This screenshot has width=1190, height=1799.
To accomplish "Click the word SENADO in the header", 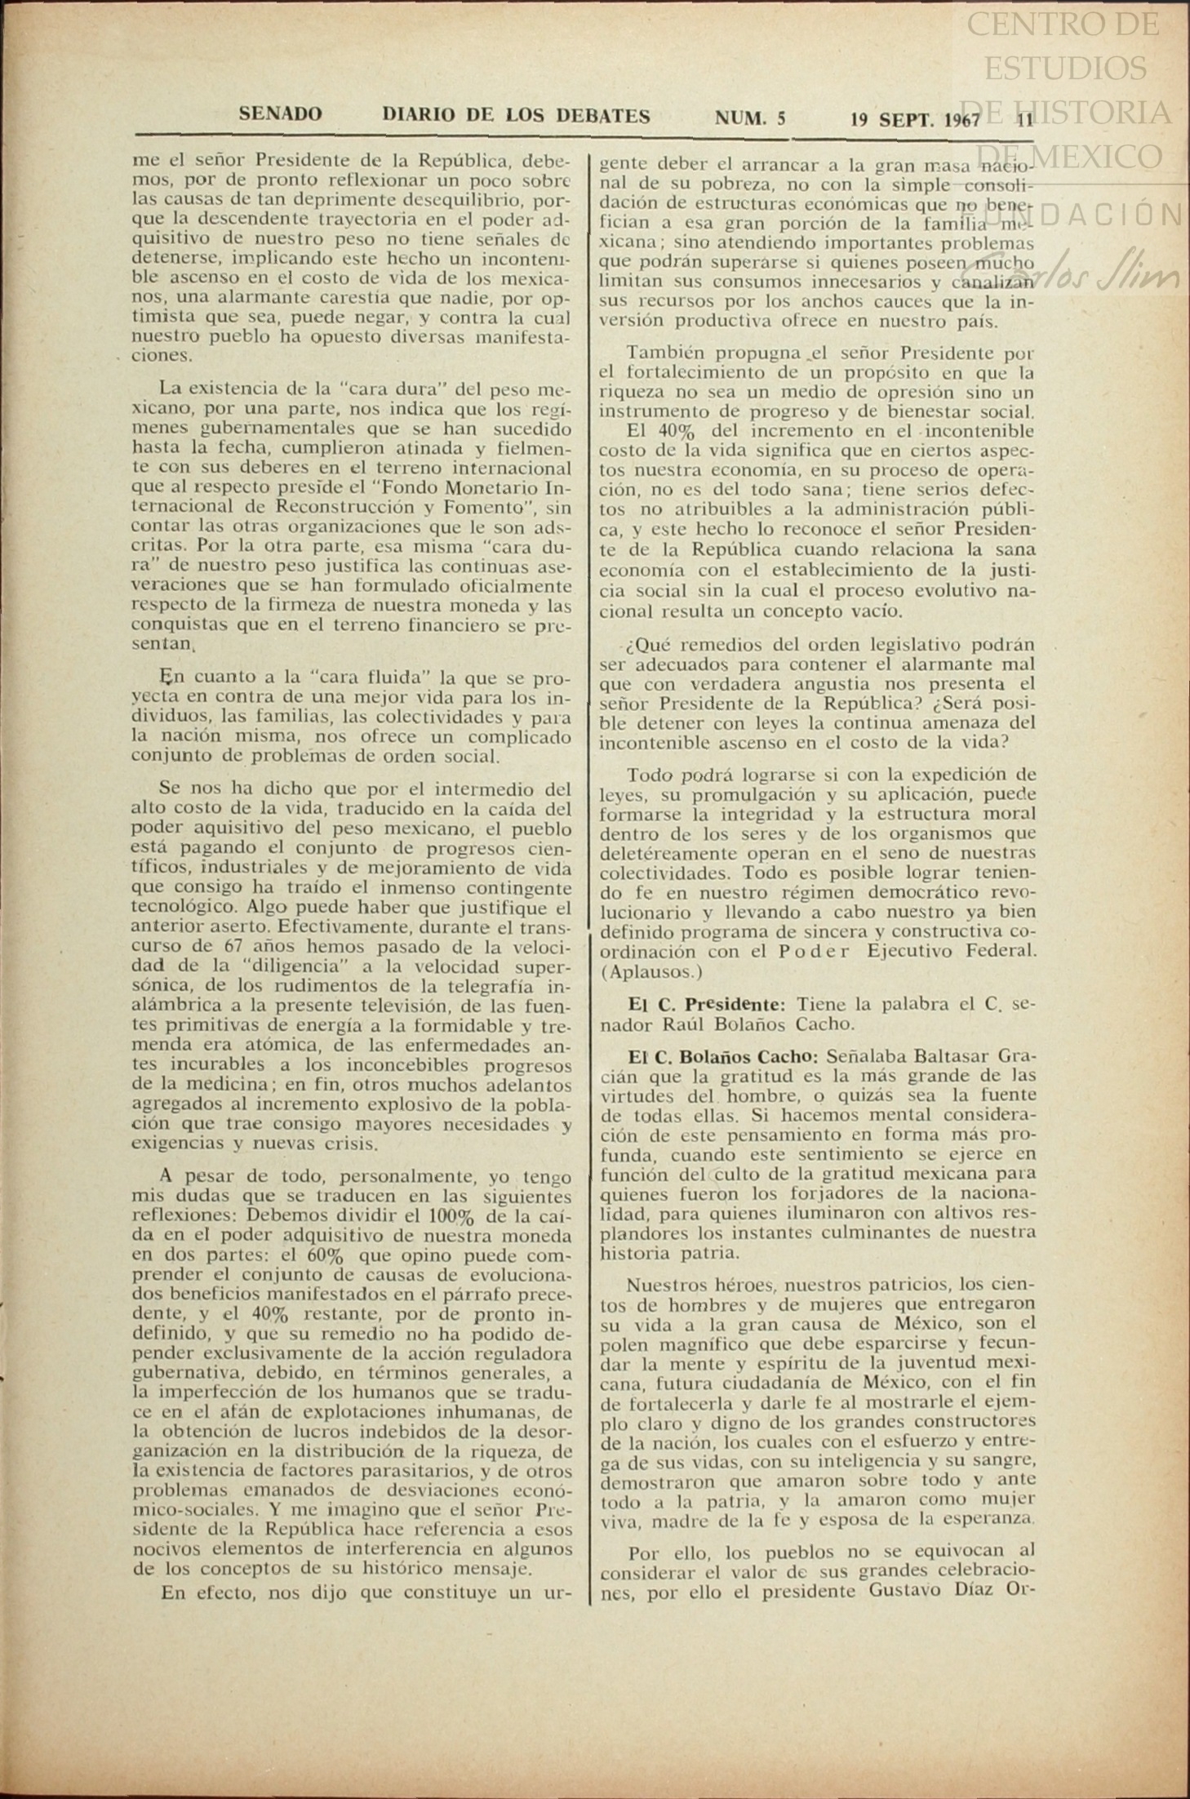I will [280, 114].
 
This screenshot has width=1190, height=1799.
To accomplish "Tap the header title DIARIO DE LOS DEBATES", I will [516, 116].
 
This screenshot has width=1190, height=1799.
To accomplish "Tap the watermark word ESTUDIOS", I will [1064, 69].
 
